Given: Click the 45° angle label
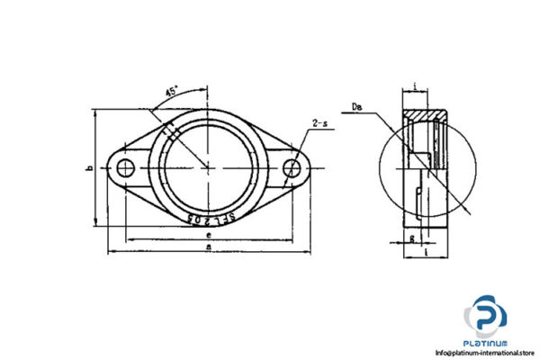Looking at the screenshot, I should [171, 91].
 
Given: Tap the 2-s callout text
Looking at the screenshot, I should [319, 122].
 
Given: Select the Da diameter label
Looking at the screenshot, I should [359, 109].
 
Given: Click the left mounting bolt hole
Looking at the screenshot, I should [125, 166].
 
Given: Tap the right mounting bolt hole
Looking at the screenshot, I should [292, 167].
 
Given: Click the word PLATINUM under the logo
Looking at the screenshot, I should [487, 344].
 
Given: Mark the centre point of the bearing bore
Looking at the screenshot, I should [209, 167].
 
